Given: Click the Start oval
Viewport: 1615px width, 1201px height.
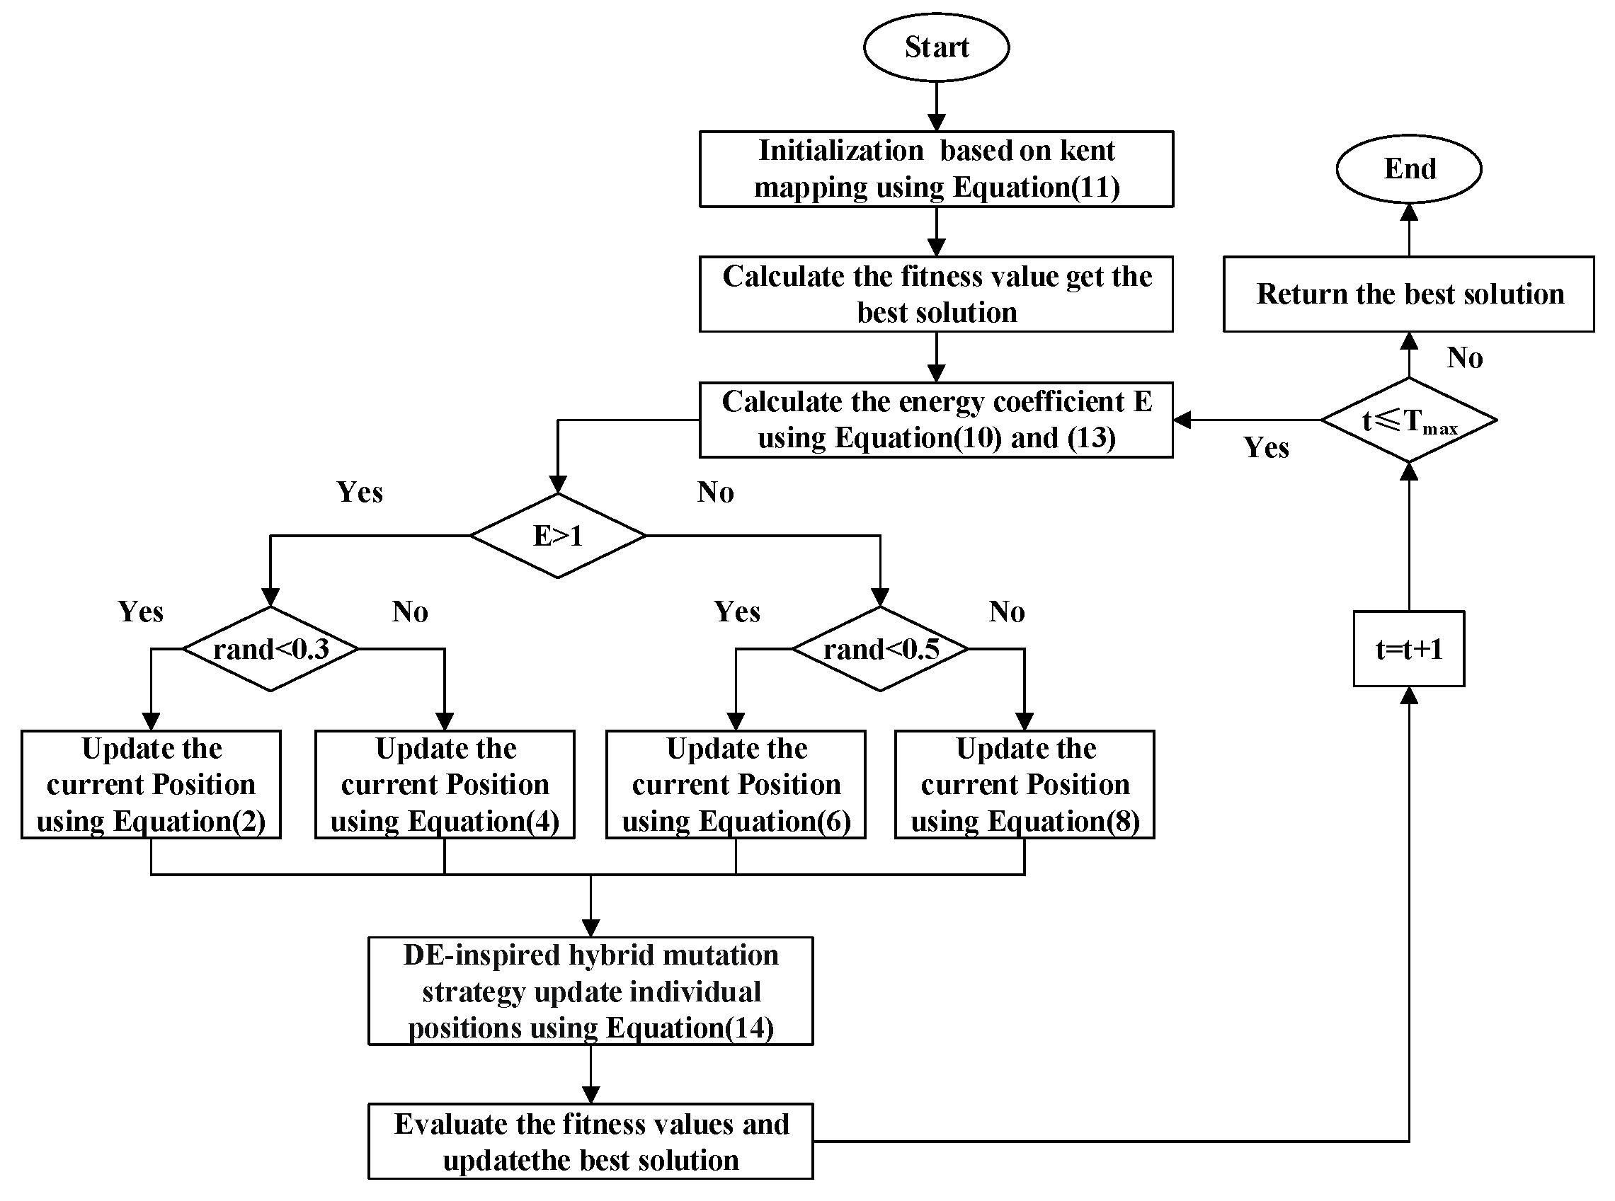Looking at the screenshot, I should (936, 47).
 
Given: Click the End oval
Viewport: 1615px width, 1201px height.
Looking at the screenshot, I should (1408, 168).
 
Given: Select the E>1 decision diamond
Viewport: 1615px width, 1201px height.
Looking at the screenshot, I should (558, 536).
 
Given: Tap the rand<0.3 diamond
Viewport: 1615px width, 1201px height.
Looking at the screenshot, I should (270, 648).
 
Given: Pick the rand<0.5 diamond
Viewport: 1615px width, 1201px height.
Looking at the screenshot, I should (880, 648).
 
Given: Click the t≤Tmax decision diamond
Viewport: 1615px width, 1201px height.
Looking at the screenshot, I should (1408, 420).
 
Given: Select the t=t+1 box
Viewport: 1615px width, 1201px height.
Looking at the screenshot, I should (1408, 648).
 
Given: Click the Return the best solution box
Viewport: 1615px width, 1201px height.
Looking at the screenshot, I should (1408, 294).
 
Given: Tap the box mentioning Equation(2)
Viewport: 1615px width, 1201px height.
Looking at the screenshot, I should (152, 784).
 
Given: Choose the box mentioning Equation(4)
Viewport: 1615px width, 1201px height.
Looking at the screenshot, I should (445, 784).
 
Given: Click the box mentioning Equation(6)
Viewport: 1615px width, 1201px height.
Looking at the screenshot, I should (736, 784).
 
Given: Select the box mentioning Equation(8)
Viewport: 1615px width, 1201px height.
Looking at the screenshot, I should (1025, 784).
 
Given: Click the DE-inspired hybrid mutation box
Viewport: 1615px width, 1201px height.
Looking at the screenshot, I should (590, 991).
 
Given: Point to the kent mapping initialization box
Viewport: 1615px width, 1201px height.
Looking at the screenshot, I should (936, 168).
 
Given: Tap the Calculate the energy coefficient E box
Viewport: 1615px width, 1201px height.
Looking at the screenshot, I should (936, 420).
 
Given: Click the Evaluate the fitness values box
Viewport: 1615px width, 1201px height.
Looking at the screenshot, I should (590, 1142).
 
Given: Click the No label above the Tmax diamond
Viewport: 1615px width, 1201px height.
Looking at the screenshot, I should (1464, 357).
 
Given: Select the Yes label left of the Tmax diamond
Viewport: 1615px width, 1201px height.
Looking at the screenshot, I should (1266, 448).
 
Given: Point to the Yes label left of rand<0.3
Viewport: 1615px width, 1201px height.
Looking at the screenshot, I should (140, 611).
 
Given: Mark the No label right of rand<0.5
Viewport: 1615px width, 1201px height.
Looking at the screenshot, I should (1006, 611).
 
